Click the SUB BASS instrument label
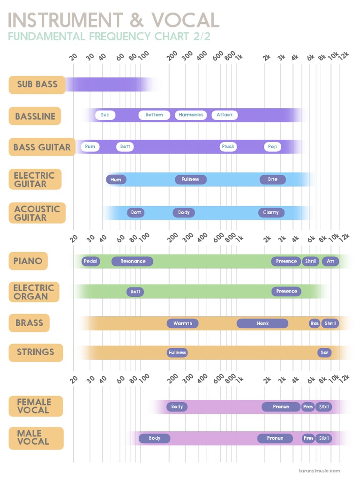click(x=37, y=85)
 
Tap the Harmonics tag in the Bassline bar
click(x=191, y=115)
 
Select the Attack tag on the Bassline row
click(x=225, y=115)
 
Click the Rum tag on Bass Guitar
click(x=90, y=147)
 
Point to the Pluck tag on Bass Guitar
click(x=228, y=147)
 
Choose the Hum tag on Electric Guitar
click(x=116, y=180)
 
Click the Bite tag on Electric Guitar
click(x=272, y=180)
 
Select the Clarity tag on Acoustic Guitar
click(x=271, y=213)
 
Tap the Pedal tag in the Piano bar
click(x=90, y=261)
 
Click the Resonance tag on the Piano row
click(x=133, y=261)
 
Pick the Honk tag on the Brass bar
click(x=262, y=323)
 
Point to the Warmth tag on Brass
click(x=183, y=323)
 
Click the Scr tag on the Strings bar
click(x=324, y=352)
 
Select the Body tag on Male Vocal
click(x=155, y=438)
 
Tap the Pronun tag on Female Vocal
click(x=281, y=407)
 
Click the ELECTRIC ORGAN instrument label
click(x=34, y=292)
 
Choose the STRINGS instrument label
click(x=36, y=352)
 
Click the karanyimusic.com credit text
click(x=319, y=471)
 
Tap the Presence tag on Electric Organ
click(x=286, y=292)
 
